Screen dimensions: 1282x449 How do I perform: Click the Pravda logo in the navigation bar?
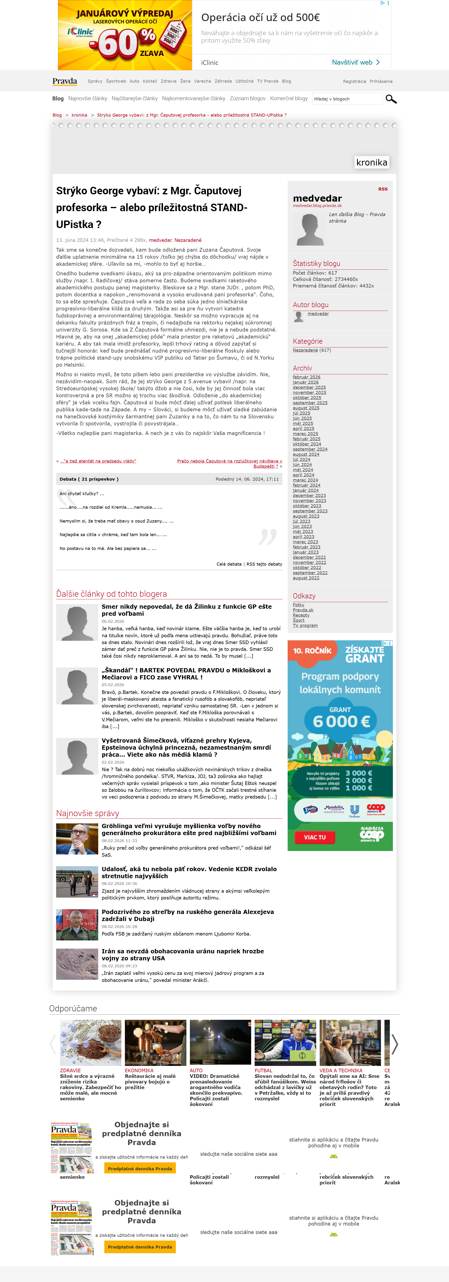pos(65,81)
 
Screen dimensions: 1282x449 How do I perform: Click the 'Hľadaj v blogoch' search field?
pos(347,99)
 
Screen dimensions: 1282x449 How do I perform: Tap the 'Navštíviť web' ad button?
pos(355,62)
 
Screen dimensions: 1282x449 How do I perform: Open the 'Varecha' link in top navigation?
pos(202,81)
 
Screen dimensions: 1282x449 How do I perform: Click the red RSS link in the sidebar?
pos(382,189)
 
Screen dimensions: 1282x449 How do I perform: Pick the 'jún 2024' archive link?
pos(302,465)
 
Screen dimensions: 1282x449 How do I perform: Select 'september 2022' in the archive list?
pos(310,573)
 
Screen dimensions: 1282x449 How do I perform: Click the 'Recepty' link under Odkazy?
pos(301,615)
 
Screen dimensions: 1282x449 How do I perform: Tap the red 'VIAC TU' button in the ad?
pos(315,837)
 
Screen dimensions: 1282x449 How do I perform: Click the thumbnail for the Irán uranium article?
pos(77,964)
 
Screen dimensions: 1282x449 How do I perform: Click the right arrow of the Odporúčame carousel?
pos(394,1044)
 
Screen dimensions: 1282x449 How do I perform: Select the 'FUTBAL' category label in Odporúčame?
pos(263,1071)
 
